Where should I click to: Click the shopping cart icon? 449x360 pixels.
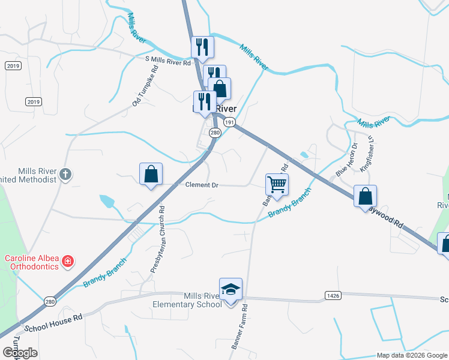pos(277,184)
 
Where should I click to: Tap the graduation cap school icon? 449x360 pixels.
pos(231,289)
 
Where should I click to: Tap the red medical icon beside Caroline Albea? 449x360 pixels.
pos(68,261)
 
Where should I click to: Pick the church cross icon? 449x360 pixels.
pos(65,175)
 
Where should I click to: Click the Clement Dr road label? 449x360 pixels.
pos(201,185)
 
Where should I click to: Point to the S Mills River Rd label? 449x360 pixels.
pos(167,62)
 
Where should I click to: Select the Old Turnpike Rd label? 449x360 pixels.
pos(145,86)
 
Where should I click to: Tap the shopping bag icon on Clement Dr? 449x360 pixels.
pos(151,175)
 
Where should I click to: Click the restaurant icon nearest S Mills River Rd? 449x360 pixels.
pos(202,48)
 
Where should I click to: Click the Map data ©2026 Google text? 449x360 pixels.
pos(412,355)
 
